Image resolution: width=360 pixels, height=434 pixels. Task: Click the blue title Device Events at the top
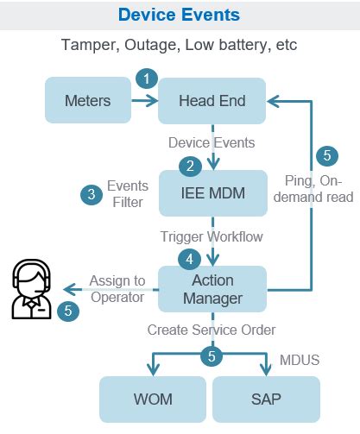click(x=180, y=15)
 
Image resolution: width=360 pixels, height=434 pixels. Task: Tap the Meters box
click(x=88, y=101)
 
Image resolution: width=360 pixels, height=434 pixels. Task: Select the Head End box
click(x=212, y=101)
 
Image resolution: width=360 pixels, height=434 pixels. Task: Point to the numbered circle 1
click(x=147, y=79)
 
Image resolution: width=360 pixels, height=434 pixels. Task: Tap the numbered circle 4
click(x=189, y=258)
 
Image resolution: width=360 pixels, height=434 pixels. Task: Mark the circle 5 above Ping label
click(x=325, y=156)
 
